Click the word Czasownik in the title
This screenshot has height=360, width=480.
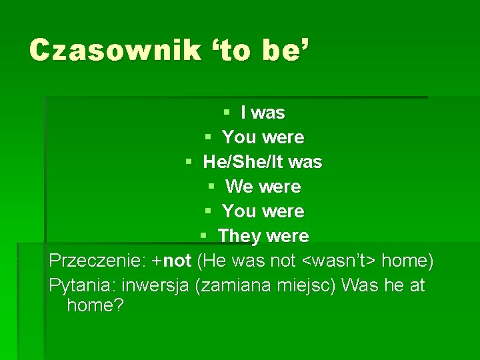115,51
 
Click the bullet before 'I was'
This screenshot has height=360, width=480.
227,113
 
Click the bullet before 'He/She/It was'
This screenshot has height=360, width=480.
189,162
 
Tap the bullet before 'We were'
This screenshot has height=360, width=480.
211,187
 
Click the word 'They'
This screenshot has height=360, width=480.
239,236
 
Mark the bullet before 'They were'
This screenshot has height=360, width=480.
203,236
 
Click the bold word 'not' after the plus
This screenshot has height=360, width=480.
177,261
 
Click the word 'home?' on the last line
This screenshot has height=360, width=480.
95,306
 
